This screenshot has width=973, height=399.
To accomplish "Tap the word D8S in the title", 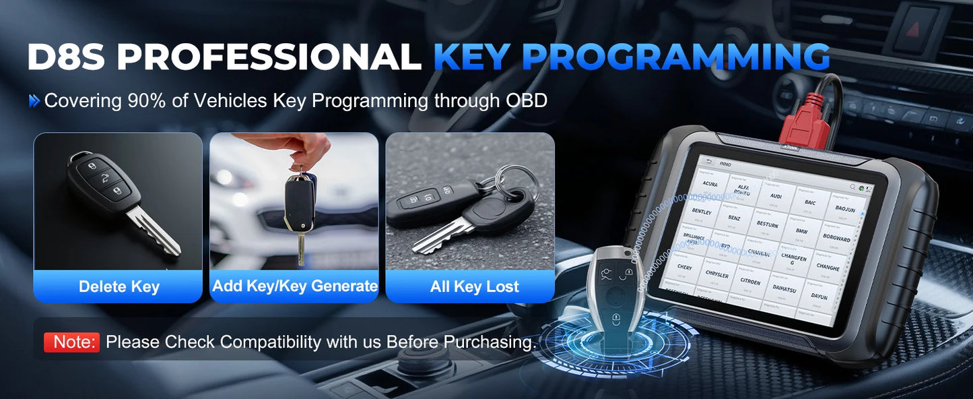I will [x=66, y=57].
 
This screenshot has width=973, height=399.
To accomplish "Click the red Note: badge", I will [x=72, y=342].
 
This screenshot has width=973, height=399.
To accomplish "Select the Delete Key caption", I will [x=119, y=286].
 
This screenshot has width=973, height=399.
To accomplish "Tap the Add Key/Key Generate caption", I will [x=295, y=286].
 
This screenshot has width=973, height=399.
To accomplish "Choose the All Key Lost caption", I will [x=474, y=286].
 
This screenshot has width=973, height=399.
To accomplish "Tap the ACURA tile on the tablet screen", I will [x=710, y=183].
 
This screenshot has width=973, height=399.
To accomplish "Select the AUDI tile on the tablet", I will [x=776, y=196].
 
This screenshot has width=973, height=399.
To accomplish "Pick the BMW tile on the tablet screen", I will [x=801, y=231].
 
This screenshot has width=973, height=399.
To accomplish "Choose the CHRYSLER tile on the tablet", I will [x=716, y=275].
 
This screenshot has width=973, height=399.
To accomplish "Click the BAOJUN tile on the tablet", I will [x=844, y=209].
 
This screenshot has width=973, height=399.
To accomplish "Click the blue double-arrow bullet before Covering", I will [x=34, y=101].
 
